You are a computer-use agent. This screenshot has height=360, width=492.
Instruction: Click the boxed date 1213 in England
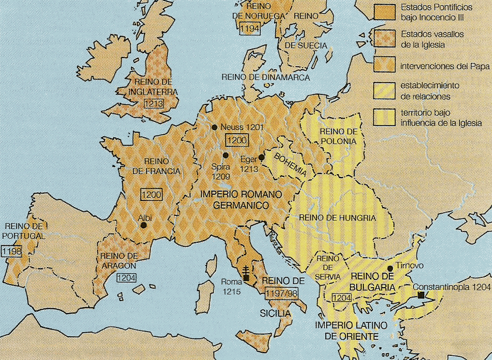(x=154, y=103)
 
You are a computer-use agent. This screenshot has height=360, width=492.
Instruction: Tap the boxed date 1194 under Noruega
(x=249, y=28)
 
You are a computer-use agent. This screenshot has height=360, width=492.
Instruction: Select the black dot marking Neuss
(x=213, y=127)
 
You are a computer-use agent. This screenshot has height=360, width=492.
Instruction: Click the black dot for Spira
(x=225, y=155)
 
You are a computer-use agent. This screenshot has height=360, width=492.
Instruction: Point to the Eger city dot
(x=261, y=158)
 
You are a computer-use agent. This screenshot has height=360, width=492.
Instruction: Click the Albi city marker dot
(x=143, y=225)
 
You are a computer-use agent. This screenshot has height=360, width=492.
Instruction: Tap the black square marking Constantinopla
(x=422, y=295)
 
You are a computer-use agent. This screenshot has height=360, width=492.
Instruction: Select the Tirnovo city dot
(x=390, y=268)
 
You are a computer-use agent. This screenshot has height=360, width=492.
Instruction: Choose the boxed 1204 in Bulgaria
(x=342, y=298)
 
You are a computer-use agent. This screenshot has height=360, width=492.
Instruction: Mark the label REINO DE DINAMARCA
(x=265, y=77)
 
